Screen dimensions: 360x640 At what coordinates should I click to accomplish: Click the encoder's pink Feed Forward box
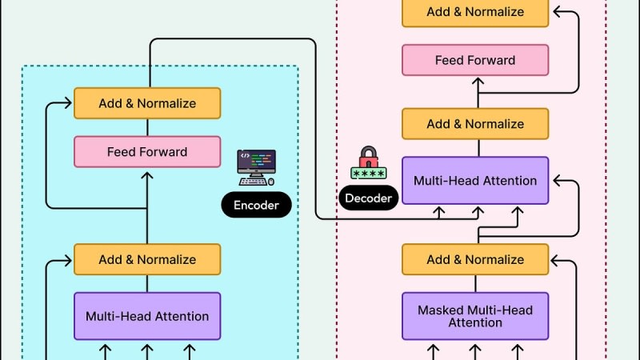coord(147,152)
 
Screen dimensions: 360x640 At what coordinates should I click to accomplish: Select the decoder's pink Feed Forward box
coord(475,60)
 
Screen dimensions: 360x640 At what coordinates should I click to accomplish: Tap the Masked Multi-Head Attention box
coord(475,316)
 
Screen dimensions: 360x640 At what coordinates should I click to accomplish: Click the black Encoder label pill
coord(256,206)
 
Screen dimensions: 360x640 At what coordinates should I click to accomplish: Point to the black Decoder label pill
coord(368,198)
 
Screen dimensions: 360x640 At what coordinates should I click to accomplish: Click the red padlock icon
coord(369,156)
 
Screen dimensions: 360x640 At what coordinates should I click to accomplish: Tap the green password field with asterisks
coord(369,172)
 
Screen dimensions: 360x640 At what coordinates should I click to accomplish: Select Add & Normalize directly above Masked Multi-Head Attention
coord(475,259)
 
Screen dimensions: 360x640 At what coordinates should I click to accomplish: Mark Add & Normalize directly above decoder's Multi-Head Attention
coord(475,124)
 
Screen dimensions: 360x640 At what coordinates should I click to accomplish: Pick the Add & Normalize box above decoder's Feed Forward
coord(475,12)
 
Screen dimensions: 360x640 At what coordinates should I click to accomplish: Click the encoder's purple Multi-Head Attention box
coord(147,316)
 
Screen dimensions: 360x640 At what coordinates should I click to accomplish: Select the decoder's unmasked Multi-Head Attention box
coord(475,180)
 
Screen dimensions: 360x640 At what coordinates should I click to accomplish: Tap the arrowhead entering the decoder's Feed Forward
coord(478,80)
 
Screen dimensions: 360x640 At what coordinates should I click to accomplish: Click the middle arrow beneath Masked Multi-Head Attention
coord(475,350)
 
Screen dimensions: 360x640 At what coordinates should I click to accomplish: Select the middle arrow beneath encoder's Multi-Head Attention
coord(147,350)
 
